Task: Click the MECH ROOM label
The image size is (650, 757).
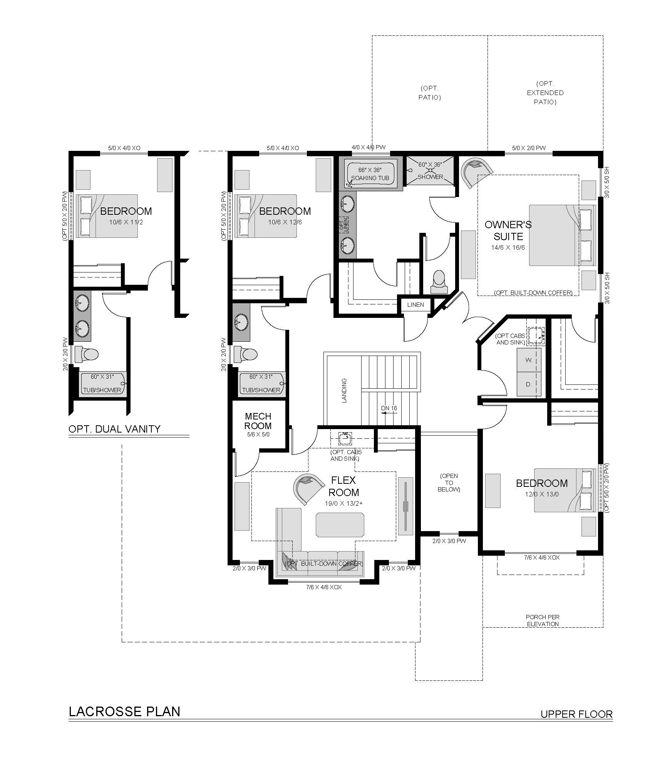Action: coord(258,421)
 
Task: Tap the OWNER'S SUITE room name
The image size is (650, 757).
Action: coord(508,230)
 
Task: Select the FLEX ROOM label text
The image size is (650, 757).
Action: coord(345,486)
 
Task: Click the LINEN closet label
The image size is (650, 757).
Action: coord(415,305)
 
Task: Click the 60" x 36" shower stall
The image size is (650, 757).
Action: coord(430,170)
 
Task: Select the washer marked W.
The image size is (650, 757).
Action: coord(529,360)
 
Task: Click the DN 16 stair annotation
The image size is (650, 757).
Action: coord(389,408)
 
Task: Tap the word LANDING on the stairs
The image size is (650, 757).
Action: coord(344,390)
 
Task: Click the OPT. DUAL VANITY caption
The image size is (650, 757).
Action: coord(114,429)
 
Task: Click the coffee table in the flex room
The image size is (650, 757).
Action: coord(340,525)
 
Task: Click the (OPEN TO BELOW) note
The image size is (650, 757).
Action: coord(449,483)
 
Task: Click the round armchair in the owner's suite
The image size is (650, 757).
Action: coord(477,172)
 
